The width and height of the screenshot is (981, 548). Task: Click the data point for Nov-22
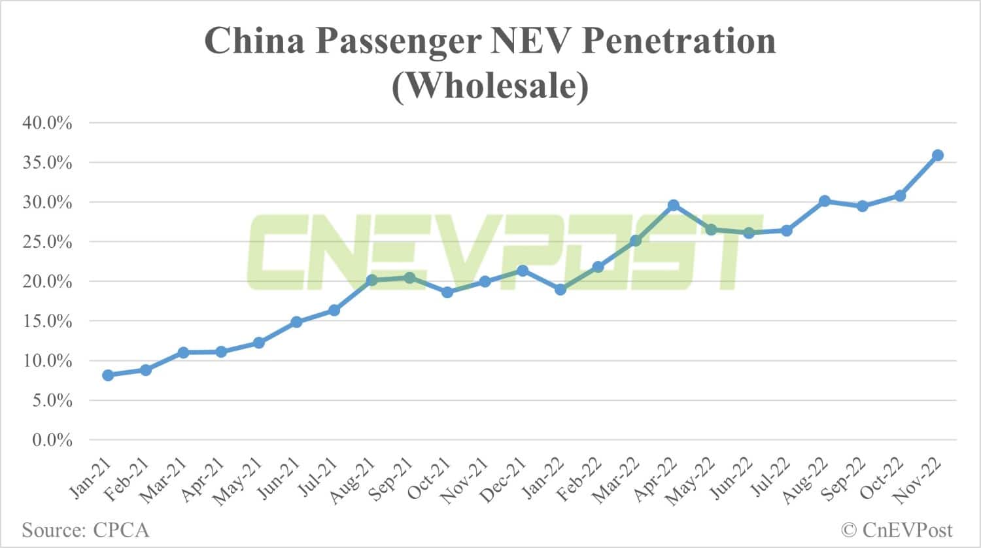(x=937, y=155)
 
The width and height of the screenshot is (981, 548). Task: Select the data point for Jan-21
(x=108, y=375)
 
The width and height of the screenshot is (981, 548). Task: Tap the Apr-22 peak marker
(x=673, y=205)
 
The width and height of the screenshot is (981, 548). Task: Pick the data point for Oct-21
(x=447, y=292)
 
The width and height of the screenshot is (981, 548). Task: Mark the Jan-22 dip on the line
(x=560, y=289)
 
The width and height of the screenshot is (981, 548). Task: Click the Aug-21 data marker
(x=371, y=280)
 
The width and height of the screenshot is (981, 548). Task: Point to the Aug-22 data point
(x=824, y=201)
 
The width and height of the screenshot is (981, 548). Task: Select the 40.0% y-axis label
(x=47, y=123)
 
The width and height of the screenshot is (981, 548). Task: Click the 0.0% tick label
(x=52, y=440)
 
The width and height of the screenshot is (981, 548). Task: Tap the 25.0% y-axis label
(x=47, y=242)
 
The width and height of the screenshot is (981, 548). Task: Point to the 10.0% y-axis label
(x=47, y=361)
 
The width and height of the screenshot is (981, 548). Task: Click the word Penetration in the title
(x=678, y=41)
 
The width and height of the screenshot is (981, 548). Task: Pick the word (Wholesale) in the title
(x=490, y=85)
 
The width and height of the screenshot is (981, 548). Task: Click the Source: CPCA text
(x=86, y=530)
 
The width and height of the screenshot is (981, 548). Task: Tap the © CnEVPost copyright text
(x=897, y=530)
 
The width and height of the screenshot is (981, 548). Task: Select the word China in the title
(x=255, y=41)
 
